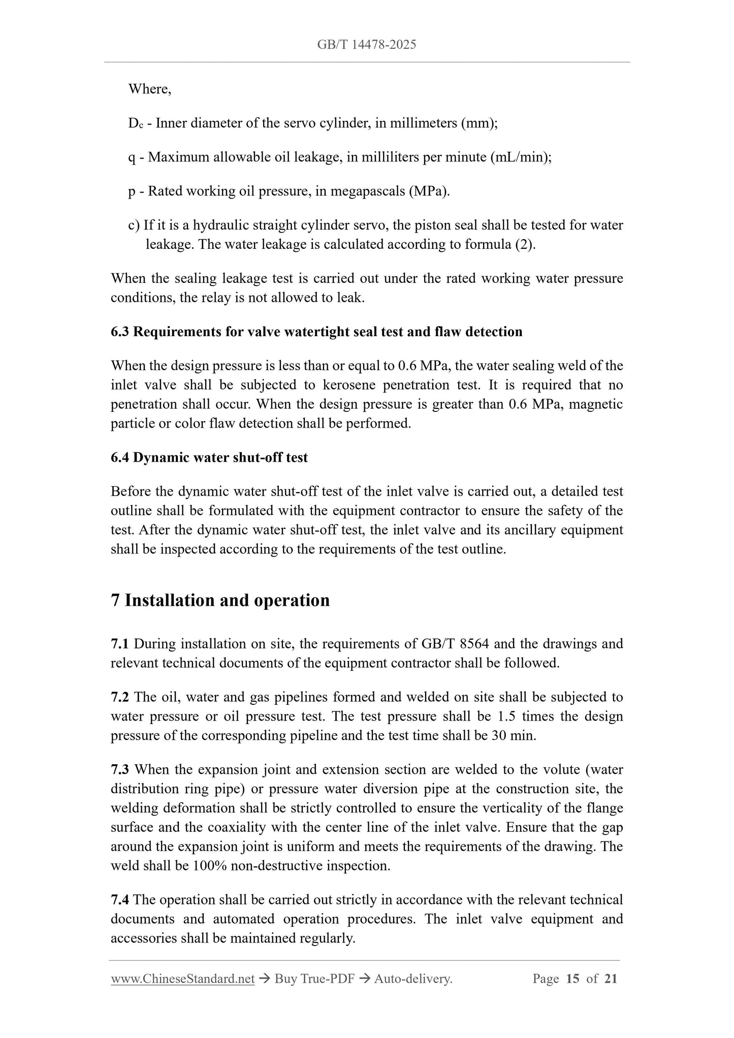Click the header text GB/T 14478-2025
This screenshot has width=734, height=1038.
(x=366, y=45)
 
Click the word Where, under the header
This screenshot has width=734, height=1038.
(x=149, y=89)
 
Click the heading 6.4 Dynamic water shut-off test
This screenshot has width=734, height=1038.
(x=209, y=458)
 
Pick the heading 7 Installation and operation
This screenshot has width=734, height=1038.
(x=220, y=600)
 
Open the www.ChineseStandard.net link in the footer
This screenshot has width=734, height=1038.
(x=182, y=979)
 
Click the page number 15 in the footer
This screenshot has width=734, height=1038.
(x=572, y=979)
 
